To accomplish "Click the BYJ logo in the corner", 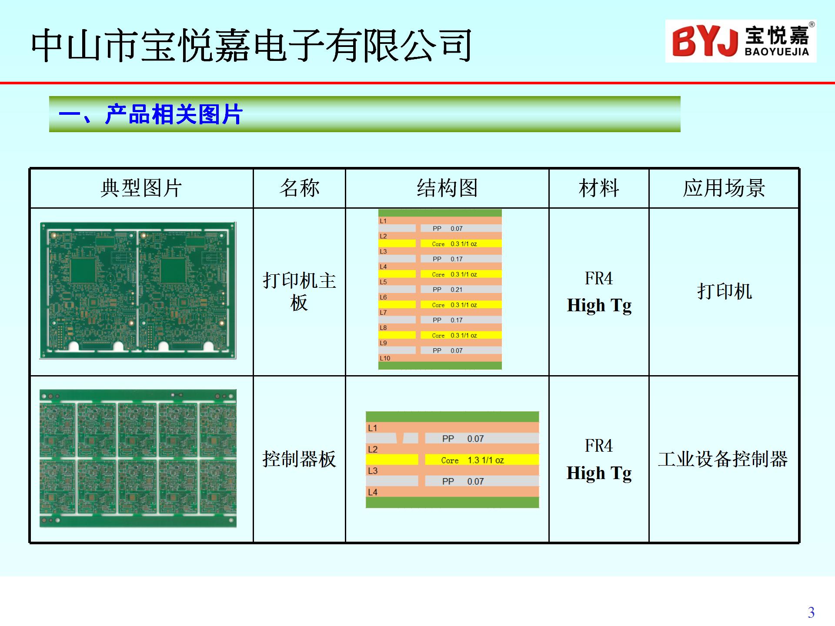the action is coord(741,41).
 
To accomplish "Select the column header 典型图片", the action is coord(141,188).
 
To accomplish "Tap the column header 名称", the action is coord(300,188).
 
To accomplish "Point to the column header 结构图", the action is coord(447,188).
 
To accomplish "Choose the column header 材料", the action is coord(599,188).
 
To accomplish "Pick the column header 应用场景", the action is coord(724,188).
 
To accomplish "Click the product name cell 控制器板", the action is coord(299,459).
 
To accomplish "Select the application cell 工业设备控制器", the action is coord(723,459).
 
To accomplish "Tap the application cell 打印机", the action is coord(725,291).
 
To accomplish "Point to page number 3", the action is coord(811,613).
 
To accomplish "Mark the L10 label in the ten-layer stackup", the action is coord(385,358).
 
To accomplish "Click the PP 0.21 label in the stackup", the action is coord(448,290).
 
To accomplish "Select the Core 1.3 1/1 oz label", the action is coord(473,460).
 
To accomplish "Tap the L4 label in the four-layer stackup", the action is coord(373,492).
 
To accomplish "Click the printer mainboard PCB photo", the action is coord(138,290).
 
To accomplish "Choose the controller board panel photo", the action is coord(138,458).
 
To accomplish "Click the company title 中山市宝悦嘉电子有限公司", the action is coord(252,45).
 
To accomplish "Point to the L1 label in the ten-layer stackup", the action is coord(383,221).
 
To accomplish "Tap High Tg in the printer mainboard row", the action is coord(599,305).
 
